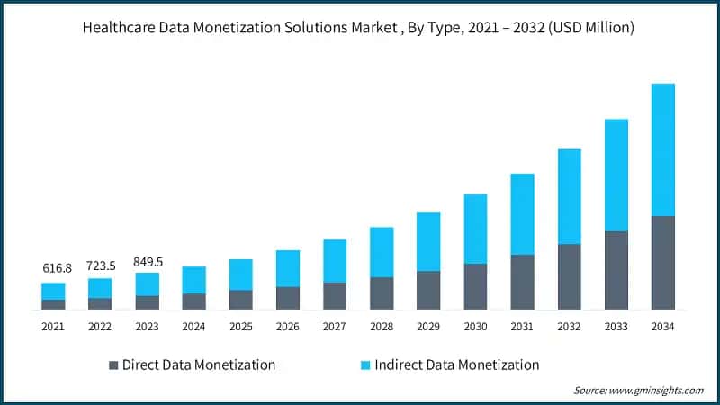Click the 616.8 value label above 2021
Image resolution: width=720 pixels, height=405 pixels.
[53, 268]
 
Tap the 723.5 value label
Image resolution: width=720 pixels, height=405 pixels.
[100, 267]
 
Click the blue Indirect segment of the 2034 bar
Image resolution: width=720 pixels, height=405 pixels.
[663, 149]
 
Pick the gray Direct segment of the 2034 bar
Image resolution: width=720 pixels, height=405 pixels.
[663, 263]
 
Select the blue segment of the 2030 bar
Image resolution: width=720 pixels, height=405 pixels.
[475, 229]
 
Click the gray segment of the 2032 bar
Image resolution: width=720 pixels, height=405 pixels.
[569, 276]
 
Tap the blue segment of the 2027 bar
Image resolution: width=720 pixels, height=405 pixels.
[335, 261]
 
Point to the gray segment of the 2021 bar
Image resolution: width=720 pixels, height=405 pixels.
[53, 304]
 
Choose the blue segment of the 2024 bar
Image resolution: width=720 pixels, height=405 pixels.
[193, 280]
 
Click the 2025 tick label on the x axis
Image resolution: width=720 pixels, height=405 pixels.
[240, 327]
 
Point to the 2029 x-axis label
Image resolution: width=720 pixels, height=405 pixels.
[428, 327]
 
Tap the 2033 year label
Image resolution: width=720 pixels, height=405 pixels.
[616, 327]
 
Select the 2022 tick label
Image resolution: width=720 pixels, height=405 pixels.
[100, 327]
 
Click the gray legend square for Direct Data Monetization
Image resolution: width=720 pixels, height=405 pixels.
[113, 365]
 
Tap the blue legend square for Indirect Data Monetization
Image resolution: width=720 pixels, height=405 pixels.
[365, 365]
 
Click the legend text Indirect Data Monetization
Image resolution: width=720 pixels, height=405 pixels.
[458, 364]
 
